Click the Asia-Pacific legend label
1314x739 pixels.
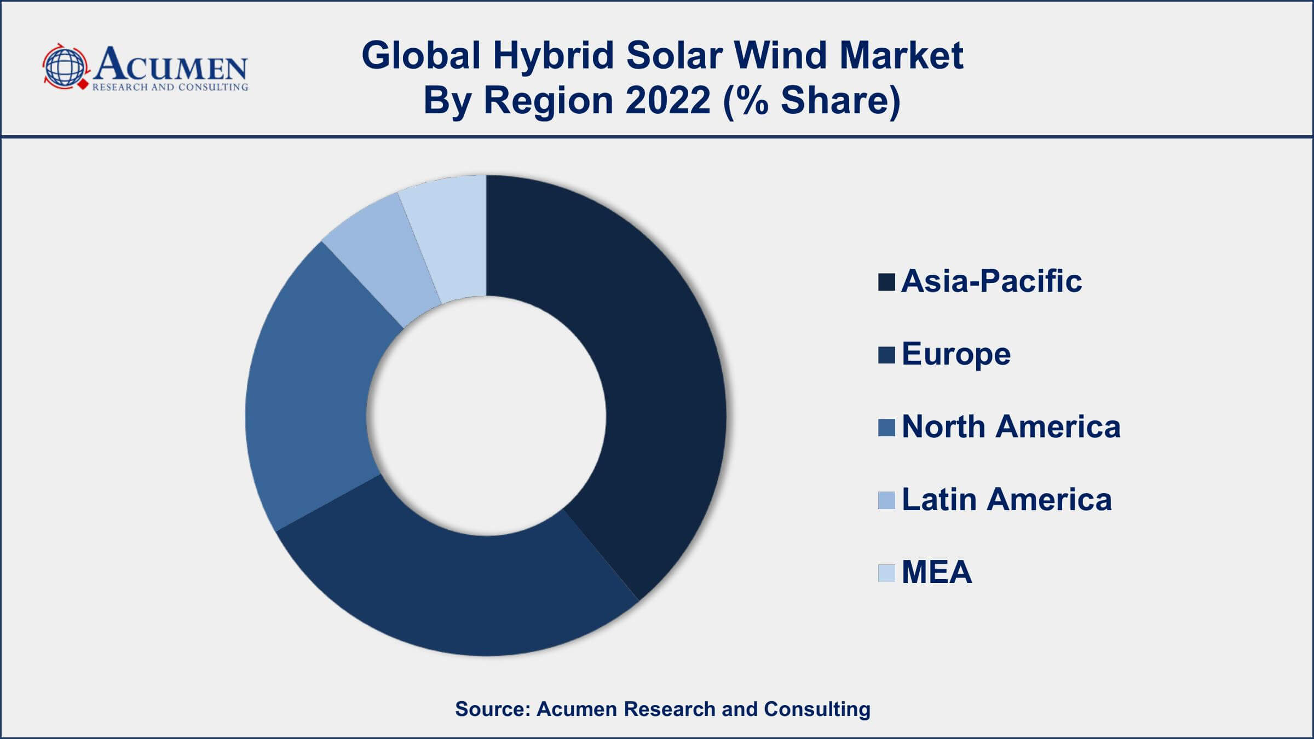992,281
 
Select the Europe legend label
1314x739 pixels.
956,354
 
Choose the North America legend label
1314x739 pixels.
1011,427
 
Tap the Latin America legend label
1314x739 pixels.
1006,500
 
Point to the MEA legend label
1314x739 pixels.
937,573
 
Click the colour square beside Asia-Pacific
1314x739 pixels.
886,282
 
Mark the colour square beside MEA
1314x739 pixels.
886,573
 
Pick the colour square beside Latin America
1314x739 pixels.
886,500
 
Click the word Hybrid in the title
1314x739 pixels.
553,56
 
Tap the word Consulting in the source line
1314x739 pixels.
817,709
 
